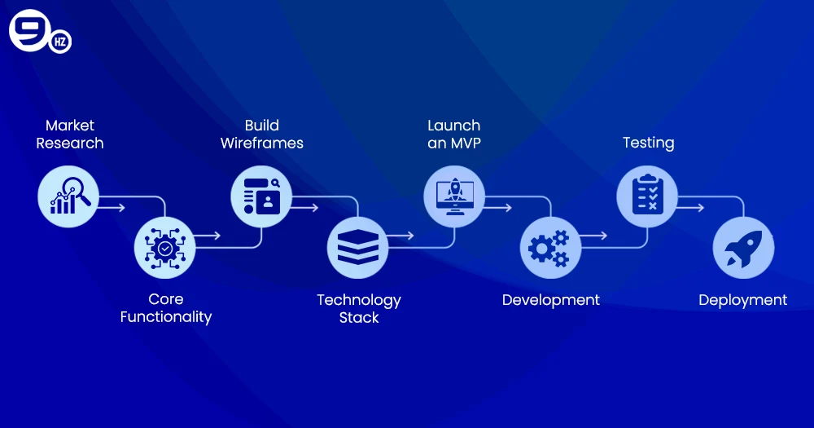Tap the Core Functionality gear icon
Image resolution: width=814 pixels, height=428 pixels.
165,247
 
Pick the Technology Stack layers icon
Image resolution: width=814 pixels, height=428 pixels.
357,247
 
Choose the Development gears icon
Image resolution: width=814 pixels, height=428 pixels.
550,247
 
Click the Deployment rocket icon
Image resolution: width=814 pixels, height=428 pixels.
743,247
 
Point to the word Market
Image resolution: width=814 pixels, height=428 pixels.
70,126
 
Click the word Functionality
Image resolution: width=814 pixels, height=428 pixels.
166,317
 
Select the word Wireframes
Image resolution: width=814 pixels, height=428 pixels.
262,143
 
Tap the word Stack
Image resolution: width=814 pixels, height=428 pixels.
359,318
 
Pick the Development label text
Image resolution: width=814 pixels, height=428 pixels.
551,300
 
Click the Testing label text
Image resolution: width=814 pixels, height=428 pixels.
649,143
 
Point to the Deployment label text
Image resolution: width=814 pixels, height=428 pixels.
743,300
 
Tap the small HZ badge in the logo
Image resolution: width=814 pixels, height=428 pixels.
60,42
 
